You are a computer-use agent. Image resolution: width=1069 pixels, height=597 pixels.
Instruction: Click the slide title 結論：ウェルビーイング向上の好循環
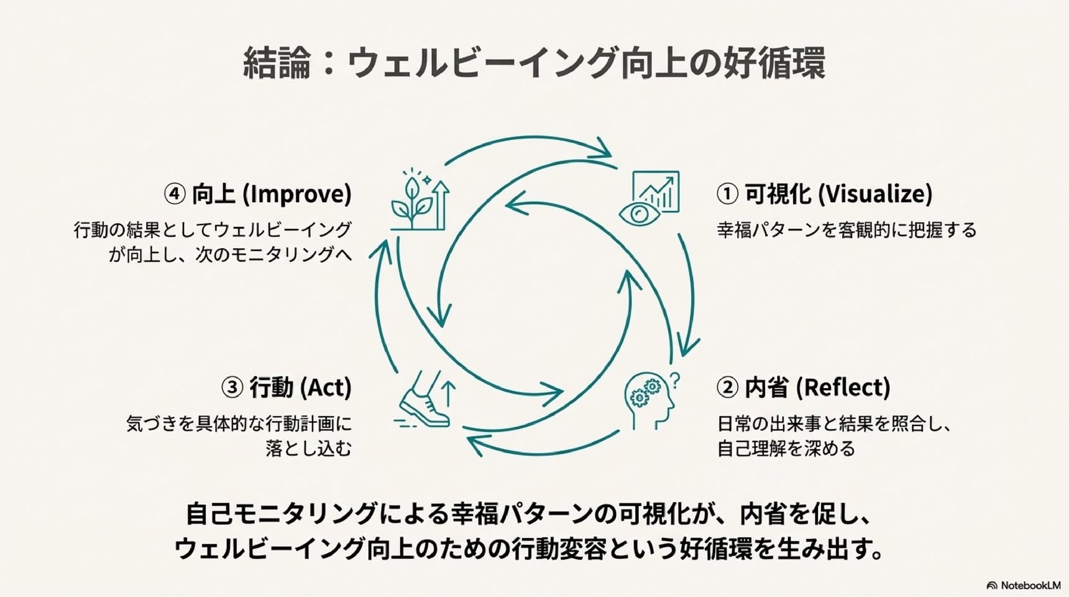click(x=534, y=62)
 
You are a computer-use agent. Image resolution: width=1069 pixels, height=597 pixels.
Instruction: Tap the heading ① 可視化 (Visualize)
click(x=824, y=194)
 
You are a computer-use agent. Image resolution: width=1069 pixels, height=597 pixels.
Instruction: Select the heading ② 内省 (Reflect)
click(x=803, y=387)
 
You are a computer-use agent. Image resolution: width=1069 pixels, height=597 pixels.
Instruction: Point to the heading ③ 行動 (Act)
click(x=287, y=387)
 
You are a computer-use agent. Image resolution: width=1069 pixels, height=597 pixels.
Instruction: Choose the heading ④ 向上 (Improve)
click(x=258, y=194)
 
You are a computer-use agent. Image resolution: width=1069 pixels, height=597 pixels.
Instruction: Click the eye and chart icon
click(x=649, y=198)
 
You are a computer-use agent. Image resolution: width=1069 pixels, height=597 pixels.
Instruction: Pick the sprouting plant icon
click(x=420, y=199)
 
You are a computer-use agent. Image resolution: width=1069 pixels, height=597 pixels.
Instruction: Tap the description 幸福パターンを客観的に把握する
click(x=846, y=230)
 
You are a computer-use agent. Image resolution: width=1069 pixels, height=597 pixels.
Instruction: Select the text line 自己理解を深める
click(x=786, y=448)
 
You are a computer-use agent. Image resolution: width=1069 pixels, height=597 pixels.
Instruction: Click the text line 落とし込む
click(x=309, y=448)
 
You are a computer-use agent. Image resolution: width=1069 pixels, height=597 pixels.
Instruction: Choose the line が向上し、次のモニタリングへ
click(x=230, y=254)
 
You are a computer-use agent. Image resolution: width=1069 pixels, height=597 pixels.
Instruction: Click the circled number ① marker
click(x=727, y=194)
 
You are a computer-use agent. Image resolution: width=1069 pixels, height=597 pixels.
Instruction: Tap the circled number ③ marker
click(x=232, y=387)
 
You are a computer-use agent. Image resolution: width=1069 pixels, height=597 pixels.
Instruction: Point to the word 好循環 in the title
click(x=774, y=62)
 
